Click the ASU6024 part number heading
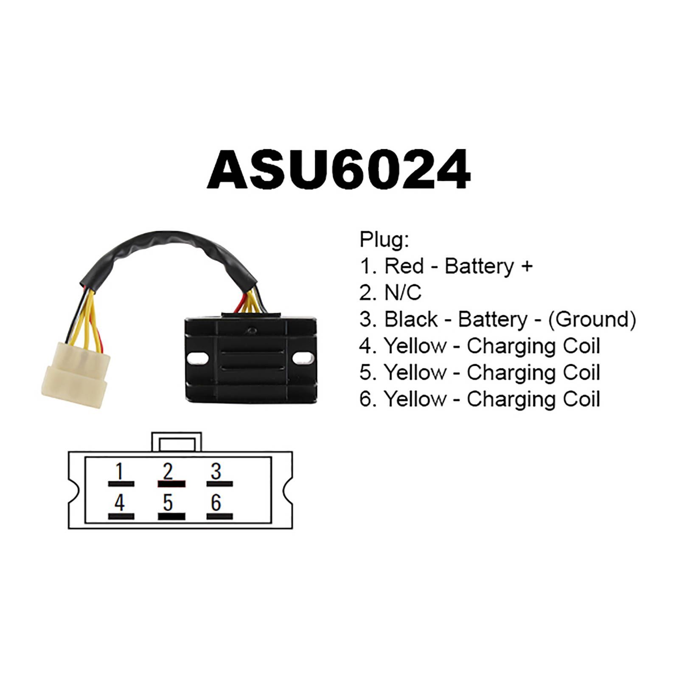tap(339, 170)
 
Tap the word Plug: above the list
tap(384, 240)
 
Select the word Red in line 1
tap(404, 267)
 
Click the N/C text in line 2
tap(403, 293)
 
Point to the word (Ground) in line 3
tap(592, 320)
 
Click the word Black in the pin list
tap(411, 320)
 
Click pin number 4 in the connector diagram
tap(120, 503)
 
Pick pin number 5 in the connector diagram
tap(168, 503)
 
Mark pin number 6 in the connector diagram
tap(216, 503)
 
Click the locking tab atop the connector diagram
tap(177, 443)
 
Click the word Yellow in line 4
tap(415, 346)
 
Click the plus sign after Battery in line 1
tap(527, 267)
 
